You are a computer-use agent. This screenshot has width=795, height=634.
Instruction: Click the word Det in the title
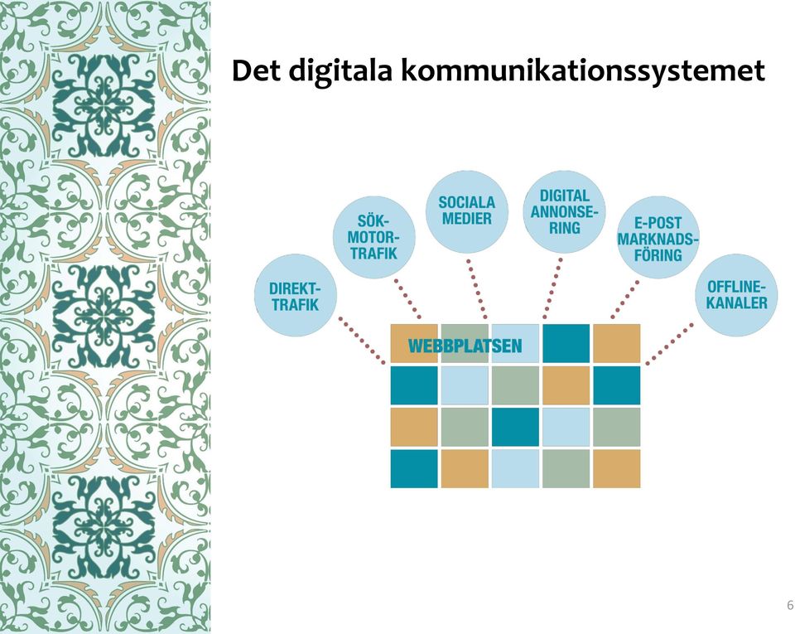coord(256,70)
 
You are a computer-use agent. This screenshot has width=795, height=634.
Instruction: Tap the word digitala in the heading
coord(341,72)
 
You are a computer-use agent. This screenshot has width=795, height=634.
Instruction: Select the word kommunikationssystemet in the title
coord(583,72)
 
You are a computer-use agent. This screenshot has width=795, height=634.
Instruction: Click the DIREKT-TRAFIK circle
coord(295,295)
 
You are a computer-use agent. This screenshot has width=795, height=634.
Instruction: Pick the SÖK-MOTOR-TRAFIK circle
coord(374,237)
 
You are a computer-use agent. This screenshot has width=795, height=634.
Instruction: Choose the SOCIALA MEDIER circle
coord(467,211)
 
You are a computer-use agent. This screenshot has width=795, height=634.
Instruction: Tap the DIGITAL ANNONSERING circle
coord(564,211)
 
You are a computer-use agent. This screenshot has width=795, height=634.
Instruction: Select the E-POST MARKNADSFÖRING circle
coord(658,237)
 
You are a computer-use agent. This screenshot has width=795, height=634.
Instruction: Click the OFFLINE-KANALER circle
coord(736,295)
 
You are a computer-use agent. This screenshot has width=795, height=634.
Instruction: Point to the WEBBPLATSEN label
coord(465,346)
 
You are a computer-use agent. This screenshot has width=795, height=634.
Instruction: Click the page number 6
coord(790,605)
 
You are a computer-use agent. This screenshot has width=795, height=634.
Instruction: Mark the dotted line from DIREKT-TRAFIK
coord(362,341)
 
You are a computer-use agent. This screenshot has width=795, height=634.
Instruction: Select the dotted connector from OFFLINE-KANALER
coord(670,343)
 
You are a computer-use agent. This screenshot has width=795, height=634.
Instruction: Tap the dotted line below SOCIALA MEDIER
coord(477,289)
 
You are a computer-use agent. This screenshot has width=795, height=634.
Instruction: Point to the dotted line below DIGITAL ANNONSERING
coord(552,288)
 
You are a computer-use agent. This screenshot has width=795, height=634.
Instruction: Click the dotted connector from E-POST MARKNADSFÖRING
coord(624,299)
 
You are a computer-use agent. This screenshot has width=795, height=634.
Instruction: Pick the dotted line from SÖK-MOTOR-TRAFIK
coord(407,298)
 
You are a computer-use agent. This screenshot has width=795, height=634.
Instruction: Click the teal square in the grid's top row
coord(566,343)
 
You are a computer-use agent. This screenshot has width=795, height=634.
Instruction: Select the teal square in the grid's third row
coord(515,427)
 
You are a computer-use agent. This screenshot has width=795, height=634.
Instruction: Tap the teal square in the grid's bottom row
coord(414,468)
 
